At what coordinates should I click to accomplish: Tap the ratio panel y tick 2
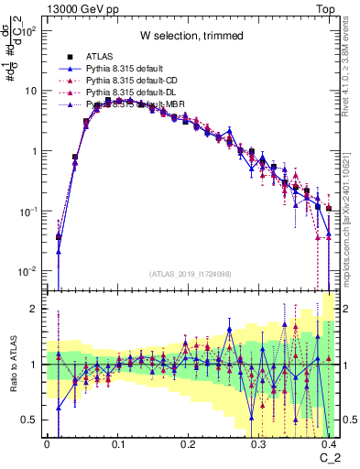(x=35, y=309)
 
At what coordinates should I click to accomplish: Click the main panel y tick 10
(x=29, y=92)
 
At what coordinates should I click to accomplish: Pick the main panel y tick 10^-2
(x=27, y=271)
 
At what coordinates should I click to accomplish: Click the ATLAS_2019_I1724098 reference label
(x=191, y=274)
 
